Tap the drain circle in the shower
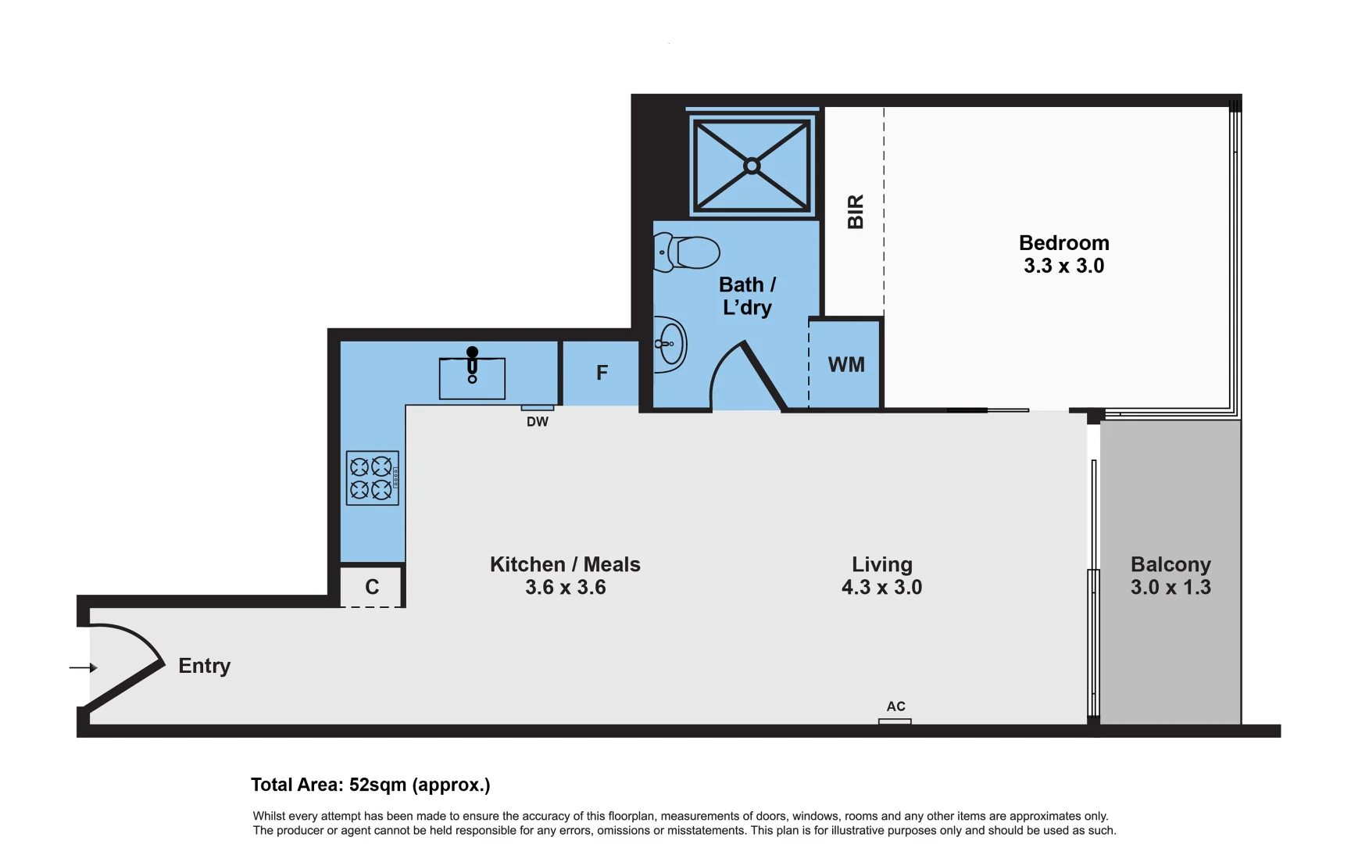[x=752, y=166]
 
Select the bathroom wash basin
[x=670, y=344]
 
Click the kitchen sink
[x=472, y=378]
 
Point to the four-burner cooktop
[x=372, y=477]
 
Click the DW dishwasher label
[x=538, y=422]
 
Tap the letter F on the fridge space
[x=602, y=373]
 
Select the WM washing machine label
[x=846, y=365]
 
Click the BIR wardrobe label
[x=856, y=212]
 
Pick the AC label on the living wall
[x=895, y=706]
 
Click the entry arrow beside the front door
[x=83, y=667]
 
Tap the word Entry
[x=205, y=666]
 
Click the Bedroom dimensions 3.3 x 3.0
[x=1063, y=266]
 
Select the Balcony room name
[x=1170, y=564]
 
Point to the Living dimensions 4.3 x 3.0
[x=881, y=588]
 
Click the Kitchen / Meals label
[x=565, y=564]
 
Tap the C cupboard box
[x=372, y=587]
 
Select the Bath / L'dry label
[x=747, y=295]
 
